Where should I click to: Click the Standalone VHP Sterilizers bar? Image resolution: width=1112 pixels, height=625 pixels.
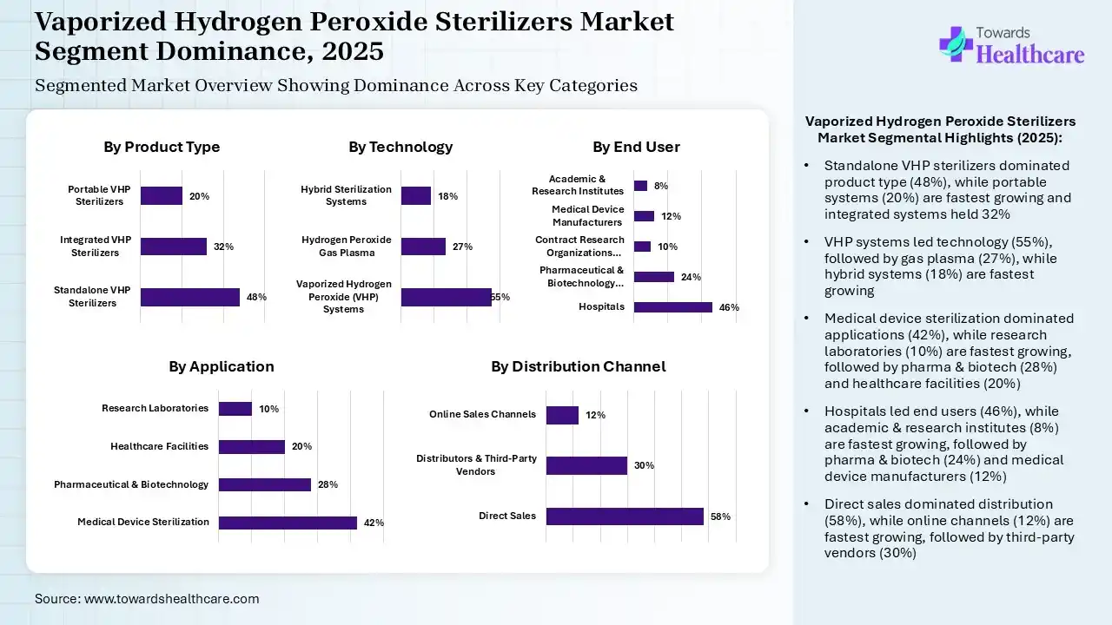[x=189, y=297]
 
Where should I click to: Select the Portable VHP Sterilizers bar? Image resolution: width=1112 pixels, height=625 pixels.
[x=162, y=196]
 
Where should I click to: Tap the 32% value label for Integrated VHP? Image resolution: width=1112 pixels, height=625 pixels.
[x=223, y=247]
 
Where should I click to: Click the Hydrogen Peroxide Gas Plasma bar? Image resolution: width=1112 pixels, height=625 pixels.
[x=423, y=247]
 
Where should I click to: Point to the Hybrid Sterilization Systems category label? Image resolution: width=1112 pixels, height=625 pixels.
[x=346, y=195]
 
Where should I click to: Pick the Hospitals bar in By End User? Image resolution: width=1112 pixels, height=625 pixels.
[x=672, y=306]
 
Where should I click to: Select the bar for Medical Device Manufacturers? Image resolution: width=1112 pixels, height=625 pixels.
[x=644, y=216]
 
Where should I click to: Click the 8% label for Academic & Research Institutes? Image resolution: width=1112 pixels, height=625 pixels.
[x=661, y=186]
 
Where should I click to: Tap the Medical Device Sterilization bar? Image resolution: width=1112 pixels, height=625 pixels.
[x=288, y=523]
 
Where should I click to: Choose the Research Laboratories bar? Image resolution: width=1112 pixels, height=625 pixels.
[x=235, y=409]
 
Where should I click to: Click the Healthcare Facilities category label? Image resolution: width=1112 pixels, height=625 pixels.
[x=159, y=446]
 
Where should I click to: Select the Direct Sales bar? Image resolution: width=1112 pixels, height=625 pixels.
[x=625, y=516]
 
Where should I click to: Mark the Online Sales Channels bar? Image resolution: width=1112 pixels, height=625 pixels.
[x=562, y=415]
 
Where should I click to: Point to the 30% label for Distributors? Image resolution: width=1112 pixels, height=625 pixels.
[x=644, y=465]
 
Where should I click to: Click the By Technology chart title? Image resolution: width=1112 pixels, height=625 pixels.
[x=400, y=147]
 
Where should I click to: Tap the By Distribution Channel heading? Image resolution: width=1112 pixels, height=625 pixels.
[x=578, y=366]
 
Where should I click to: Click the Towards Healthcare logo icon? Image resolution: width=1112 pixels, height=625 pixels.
[x=955, y=43]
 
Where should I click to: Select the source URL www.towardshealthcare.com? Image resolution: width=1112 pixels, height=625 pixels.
[x=171, y=599]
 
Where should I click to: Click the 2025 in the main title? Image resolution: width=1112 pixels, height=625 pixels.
[x=352, y=51]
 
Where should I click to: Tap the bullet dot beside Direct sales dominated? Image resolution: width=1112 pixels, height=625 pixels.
[x=807, y=504]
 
